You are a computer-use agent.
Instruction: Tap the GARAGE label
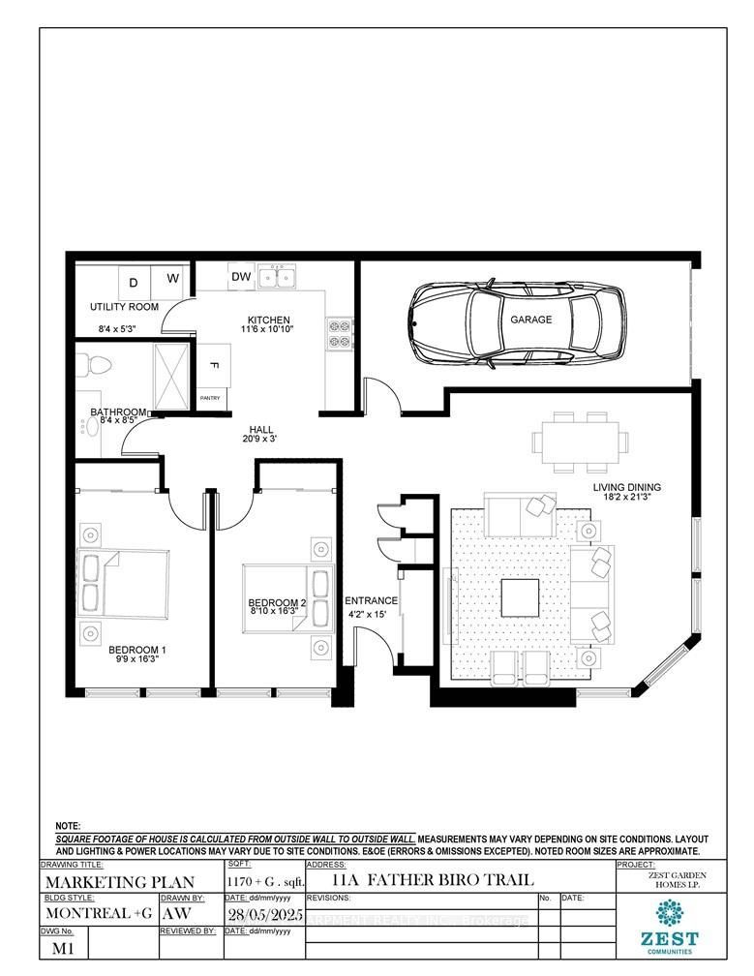tap(531, 320)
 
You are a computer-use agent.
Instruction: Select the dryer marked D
tap(135, 282)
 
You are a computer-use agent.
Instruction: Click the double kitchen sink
tap(283, 279)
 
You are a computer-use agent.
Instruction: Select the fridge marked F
tap(213, 365)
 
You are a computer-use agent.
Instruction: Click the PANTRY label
tap(210, 398)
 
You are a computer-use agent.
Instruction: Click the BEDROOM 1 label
tap(137, 650)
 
